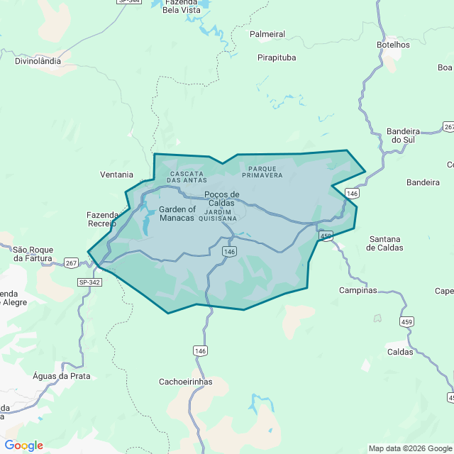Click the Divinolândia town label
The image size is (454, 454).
38,61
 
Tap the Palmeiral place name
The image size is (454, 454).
267,34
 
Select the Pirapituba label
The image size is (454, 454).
277,57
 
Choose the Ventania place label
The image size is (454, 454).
116,175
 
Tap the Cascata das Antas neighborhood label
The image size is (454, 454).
187,177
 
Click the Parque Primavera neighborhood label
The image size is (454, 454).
262,172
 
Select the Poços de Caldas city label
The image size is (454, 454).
221,199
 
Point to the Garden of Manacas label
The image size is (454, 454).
177,214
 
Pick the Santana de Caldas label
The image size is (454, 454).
384,243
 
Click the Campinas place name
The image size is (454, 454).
358,290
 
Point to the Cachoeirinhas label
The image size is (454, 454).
186,382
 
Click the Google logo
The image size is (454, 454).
23,445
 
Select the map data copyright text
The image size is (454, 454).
410,448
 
